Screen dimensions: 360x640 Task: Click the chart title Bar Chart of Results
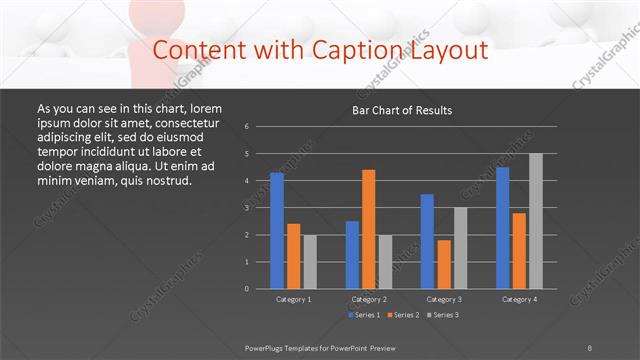pos(401,110)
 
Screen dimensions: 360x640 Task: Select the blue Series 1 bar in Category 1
pos(277,230)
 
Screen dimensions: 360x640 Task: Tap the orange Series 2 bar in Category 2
pos(369,229)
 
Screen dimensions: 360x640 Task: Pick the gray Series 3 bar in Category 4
pos(536,220)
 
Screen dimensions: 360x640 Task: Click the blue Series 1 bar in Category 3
pos(427,241)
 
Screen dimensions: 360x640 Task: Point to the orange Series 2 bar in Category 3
pos(444,264)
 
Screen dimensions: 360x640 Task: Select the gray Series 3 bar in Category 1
pos(310,261)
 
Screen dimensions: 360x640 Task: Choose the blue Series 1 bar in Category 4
pos(503,227)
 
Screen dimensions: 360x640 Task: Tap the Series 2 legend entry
pos(404,315)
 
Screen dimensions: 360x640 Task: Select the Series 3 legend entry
pos(443,315)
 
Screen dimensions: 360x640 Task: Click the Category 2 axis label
pos(369,299)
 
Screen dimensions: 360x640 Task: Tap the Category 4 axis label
pos(519,299)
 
